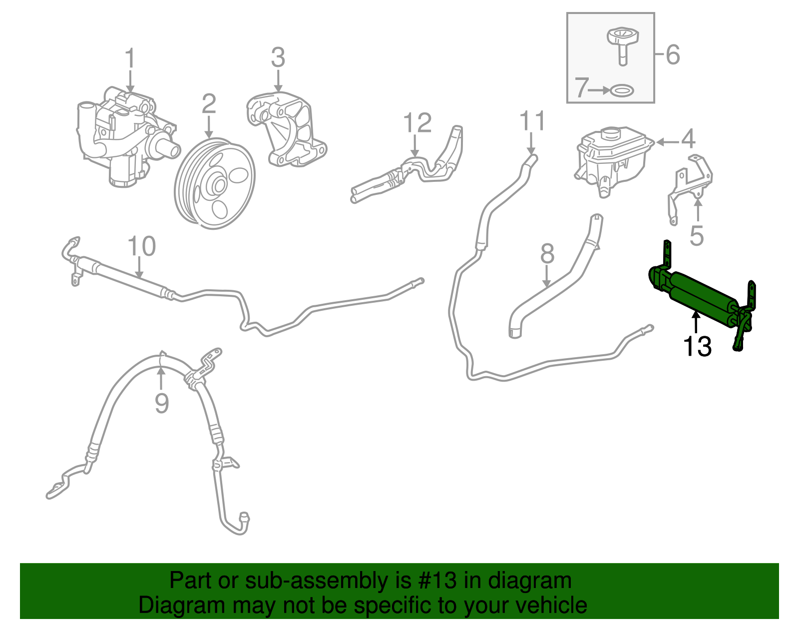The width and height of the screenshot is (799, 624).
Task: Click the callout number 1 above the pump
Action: pos(130,58)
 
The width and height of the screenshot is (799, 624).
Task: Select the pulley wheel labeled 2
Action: pos(215,184)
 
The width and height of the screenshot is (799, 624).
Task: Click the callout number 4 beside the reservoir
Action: pos(688,139)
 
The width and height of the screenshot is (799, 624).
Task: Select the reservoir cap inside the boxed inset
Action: pos(623,44)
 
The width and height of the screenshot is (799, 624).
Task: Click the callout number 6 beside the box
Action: pos(673,54)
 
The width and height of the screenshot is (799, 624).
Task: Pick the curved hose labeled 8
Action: pos(554,285)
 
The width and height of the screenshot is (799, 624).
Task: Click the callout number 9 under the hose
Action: pos(161,403)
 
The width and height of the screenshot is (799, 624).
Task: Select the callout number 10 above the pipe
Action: pos(141,246)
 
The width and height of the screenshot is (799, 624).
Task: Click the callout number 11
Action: pos(532,121)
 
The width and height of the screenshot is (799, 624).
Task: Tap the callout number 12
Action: pos(417,123)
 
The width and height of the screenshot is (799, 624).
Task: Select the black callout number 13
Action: pos(697,346)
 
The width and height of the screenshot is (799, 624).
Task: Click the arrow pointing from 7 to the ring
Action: pos(598,90)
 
